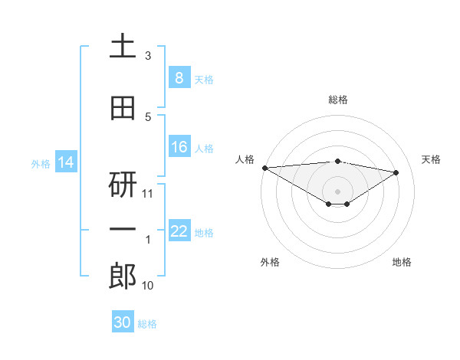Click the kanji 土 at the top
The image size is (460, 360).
[x=123, y=46]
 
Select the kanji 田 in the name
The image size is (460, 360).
[x=123, y=109]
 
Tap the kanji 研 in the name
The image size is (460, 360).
[x=123, y=185]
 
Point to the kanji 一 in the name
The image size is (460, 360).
[x=123, y=231]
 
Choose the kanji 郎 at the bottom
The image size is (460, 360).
[x=123, y=277]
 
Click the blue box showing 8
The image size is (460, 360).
[x=179, y=78]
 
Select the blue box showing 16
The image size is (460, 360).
[x=179, y=147]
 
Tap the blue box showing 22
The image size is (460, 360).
[x=179, y=231]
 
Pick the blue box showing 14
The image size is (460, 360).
[x=66, y=162]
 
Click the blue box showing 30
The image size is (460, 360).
[x=123, y=322]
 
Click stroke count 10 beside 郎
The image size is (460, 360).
[x=149, y=286]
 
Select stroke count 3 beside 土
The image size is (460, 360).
[x=148, y=56]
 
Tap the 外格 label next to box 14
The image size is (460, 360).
[x=41, y=163]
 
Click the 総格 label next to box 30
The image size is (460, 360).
[x=147, y=324]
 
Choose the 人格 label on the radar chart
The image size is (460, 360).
[x=245, y=159]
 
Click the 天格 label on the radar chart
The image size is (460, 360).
[x=432, y=159]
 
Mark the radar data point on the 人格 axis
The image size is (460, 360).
[x=264, y=167]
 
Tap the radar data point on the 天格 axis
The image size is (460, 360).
[x=396, y=172]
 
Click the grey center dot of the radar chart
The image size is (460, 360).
[x=337, y=190]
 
